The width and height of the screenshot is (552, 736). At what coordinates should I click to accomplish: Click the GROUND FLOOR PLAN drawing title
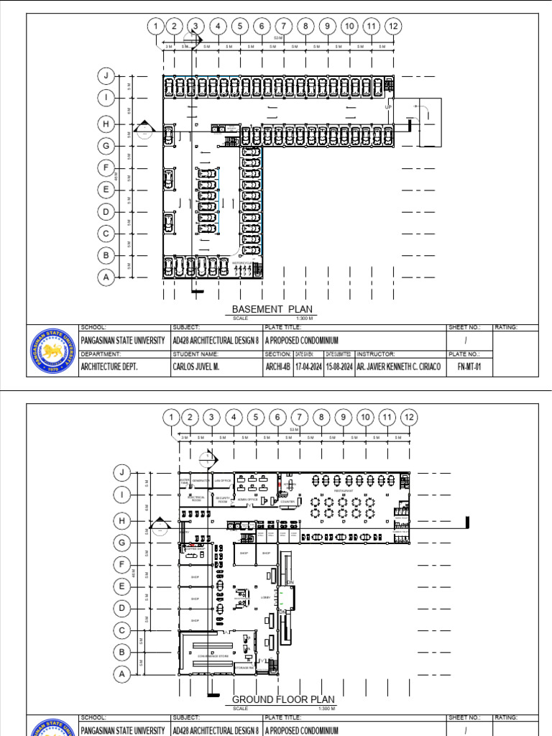point(283,699)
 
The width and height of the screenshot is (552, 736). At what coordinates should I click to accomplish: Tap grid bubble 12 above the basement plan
point(392,27)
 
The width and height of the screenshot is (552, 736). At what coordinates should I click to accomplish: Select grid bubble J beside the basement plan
point(106,75)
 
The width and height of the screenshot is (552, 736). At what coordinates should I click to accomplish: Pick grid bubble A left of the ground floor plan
point(121,674)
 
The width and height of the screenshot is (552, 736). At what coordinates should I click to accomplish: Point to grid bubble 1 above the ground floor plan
point(170,417)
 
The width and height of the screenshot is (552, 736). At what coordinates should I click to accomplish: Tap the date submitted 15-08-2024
point(338,366)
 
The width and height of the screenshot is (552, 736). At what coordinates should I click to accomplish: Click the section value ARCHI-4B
point(277,366)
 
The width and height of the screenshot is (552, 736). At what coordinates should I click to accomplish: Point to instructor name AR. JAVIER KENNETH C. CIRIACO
point(398,366)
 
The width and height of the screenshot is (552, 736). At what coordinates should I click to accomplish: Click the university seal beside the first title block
point(52,351)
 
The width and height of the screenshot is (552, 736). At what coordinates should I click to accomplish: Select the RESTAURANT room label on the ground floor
point(344,491)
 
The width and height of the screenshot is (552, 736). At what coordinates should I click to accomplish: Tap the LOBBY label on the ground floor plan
point(265,597)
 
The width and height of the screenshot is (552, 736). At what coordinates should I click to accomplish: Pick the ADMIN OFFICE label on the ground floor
point(247,498)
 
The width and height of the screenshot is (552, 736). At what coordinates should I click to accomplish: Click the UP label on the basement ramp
point(389,107)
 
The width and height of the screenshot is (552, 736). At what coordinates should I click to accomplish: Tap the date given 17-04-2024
point(308,366)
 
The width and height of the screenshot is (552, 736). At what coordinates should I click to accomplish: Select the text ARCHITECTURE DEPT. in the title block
point(110,366)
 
